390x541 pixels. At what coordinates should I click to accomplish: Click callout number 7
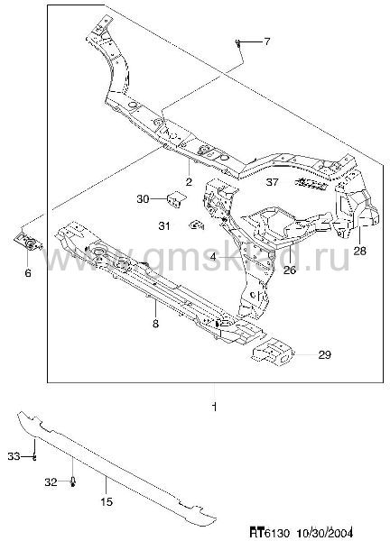(x=266, y=42)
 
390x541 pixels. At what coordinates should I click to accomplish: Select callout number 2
(x=189, y=181)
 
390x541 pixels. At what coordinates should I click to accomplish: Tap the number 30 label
(x=143, y=199)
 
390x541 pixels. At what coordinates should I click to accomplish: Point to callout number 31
(x=164, y=226)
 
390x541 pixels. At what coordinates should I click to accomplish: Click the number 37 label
(x=273, y=182)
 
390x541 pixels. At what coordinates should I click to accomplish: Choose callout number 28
(x=359, y=251)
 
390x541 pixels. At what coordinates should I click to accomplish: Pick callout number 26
(x=290, y=270)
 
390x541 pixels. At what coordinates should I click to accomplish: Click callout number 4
(x=213, y=257)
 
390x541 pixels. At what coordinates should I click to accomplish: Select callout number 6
(x=28, y=273)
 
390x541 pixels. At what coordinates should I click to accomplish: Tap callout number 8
(x=155, y=324)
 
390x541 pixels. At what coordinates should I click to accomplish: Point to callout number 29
(x=324, y=354)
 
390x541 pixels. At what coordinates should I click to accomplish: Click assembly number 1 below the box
(x=215, y=408)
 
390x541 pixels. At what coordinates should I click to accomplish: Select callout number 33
(x=14, y=456)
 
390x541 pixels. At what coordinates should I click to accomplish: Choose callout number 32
(x=51, y=482)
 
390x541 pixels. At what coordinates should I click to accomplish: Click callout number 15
(x=107, y=501)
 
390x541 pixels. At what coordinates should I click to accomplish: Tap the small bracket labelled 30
(x=177, y=200)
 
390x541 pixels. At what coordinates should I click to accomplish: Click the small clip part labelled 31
(x=196, y=225)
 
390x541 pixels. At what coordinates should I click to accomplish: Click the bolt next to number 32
(x=73, y=481)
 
